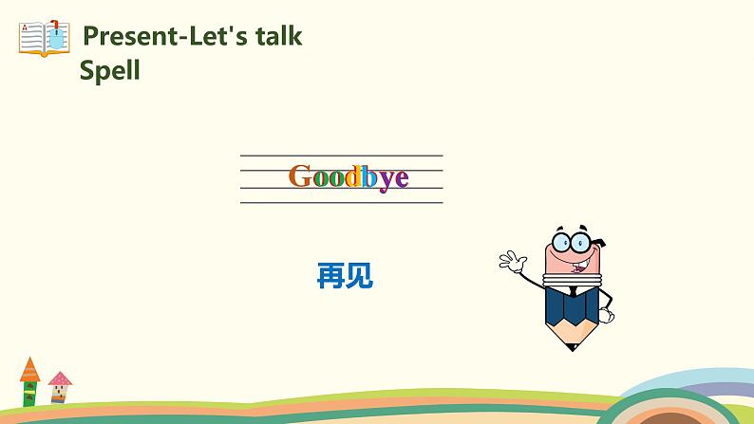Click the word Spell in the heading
point(109,70)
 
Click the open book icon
point(44,38)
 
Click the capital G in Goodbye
point(301,176)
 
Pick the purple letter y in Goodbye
point(386,179)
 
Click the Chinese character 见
point(359,276)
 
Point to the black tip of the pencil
point(570,345)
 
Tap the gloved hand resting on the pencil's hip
point(605,307)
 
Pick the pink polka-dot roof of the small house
point(60,378)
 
